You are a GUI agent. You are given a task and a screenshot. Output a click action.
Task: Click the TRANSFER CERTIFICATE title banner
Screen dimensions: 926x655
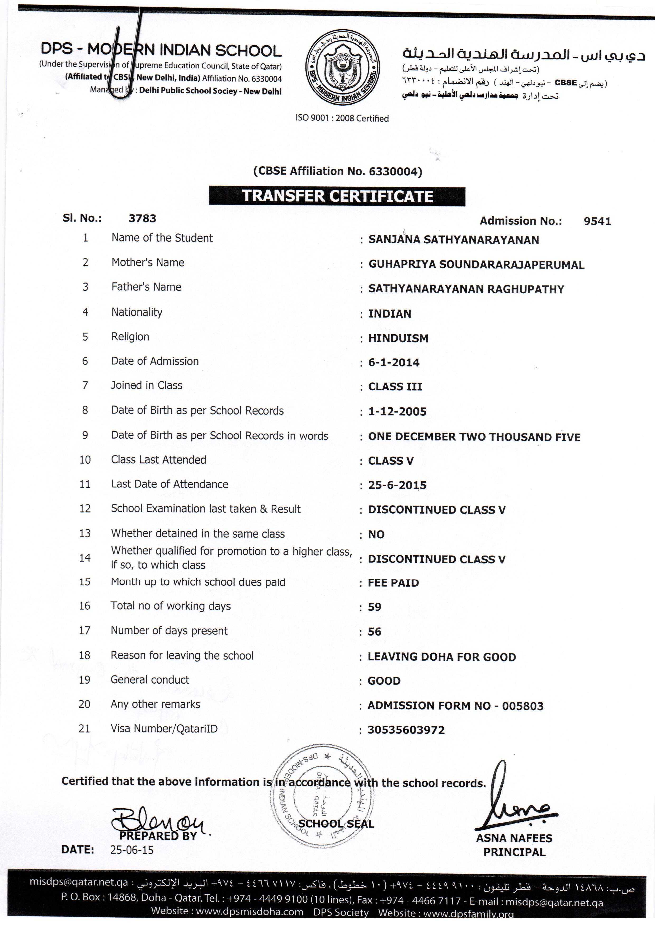[x=337, y=196]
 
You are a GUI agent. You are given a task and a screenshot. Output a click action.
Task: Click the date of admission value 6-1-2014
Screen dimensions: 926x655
[x=394, y=362]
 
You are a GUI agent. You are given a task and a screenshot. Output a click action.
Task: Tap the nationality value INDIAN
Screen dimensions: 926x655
[x=390, y=313]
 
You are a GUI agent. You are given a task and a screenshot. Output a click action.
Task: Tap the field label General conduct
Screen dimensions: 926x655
[x=150, y=680]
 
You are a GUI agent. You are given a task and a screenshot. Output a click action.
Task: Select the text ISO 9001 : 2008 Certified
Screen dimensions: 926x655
[x=342, y=118]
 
